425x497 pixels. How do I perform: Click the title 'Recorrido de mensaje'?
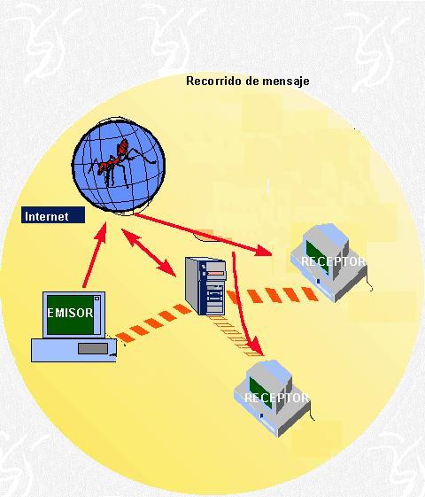pyautogui.click(x=248, y=82)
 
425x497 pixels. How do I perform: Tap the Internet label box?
pyautogui.click(x=53, y=215)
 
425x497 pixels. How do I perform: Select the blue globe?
pyautogui.click(x=119, y=165)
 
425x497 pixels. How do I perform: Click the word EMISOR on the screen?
pyautogui.click(x=70, y=313)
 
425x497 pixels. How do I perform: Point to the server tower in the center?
pyautogui.click(x=205, y=286)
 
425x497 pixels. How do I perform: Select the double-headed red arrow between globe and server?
pyautogui.click(x=149, y=252)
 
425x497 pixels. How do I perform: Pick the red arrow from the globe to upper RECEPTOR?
pyautogui.click(x=203, y=235)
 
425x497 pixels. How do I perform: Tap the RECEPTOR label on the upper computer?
pyautogui.click(x=333, y=261)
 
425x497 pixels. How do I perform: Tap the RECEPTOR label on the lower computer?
pyautogui.click(x=276, y=398)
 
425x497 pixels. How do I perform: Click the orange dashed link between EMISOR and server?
pyautogui.click(x=154, y=323)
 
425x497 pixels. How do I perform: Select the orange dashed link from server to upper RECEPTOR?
pyautogui.click(x=273, y=295)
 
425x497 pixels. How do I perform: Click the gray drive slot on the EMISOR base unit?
pyautogui.click(x=93, y=349)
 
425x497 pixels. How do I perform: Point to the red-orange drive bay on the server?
pyautogui.click(x=216, y=273)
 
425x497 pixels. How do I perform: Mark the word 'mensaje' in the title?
pyautogui.click(x=286, y=82)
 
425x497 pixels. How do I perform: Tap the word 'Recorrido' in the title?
pyautogui.click(x=214, y=81)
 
